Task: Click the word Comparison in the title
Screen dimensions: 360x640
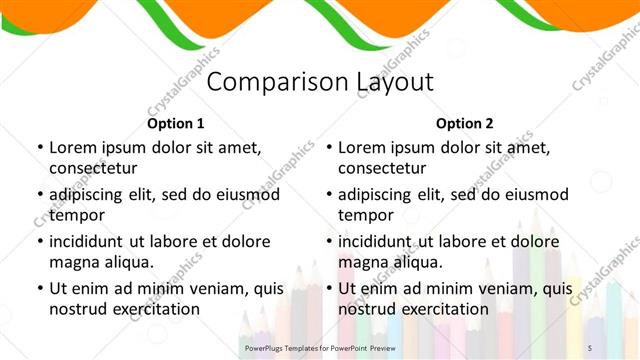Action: (279, 83)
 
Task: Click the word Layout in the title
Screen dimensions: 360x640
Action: (395, 83)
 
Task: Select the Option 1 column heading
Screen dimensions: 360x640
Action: (175, 124)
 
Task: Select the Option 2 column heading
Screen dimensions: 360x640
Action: (465, 124)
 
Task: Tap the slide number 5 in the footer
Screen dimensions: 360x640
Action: (589, 346)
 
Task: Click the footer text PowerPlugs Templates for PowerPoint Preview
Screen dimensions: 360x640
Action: (319, 346)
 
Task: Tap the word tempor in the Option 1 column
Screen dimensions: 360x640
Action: (77, 215)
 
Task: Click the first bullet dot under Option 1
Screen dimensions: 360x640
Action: (39, 147)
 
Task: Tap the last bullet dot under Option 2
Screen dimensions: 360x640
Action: (329, 288)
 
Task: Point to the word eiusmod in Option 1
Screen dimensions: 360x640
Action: (244, 194)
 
